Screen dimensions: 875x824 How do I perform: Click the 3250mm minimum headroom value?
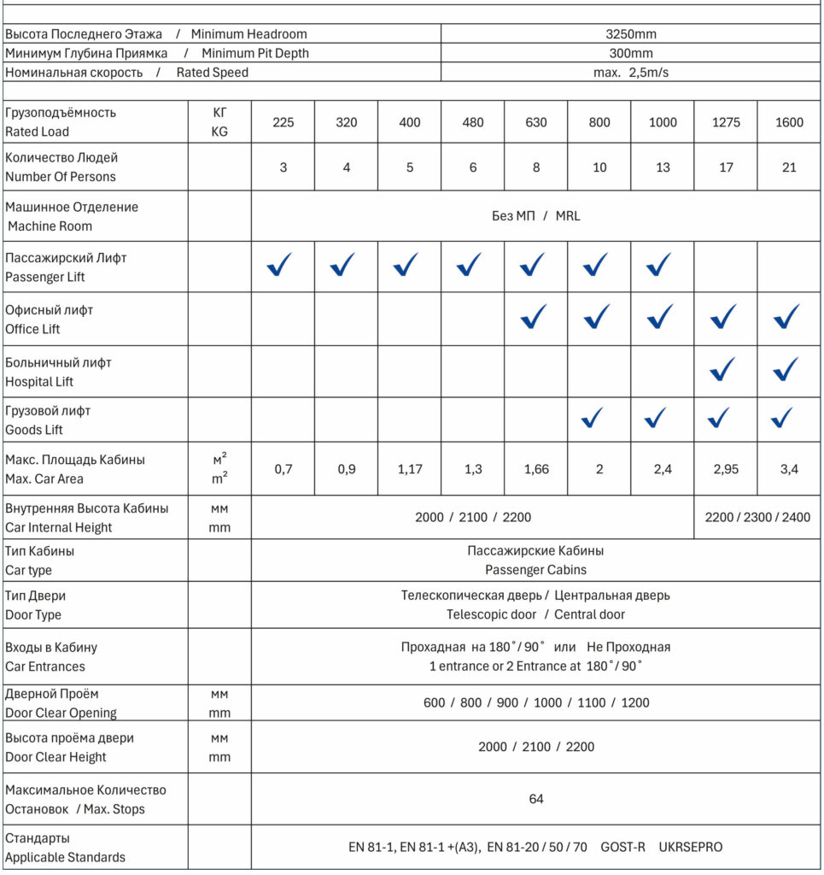(x=630, y=34)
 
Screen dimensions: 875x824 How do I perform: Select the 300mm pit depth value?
(x=630, y=53)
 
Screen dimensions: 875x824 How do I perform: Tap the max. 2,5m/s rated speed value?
(x=630, y=73)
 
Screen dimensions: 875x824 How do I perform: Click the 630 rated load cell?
(x=536, y=122)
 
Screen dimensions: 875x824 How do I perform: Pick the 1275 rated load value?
(x=726, y=122)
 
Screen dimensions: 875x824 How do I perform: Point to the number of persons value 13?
(x=663, y=167)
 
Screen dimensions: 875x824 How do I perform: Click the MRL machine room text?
(x=568, y=216)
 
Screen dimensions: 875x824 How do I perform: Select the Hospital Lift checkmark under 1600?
(x=786, y=369)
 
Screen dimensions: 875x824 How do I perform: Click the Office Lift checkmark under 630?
(x=535, y=317)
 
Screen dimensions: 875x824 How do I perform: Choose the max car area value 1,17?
(x=410, y=469)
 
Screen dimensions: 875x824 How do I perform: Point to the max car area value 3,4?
(x=789, y=469)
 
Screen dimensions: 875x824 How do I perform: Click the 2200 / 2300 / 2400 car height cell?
(x=758, y=517)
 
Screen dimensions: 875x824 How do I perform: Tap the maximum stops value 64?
(x=536, y=799)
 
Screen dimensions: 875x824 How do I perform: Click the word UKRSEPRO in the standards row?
(x=691, y=848)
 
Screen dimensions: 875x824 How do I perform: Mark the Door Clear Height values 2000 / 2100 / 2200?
(x=536, y=747)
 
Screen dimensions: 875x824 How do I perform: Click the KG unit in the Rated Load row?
(x=219, y=132)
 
